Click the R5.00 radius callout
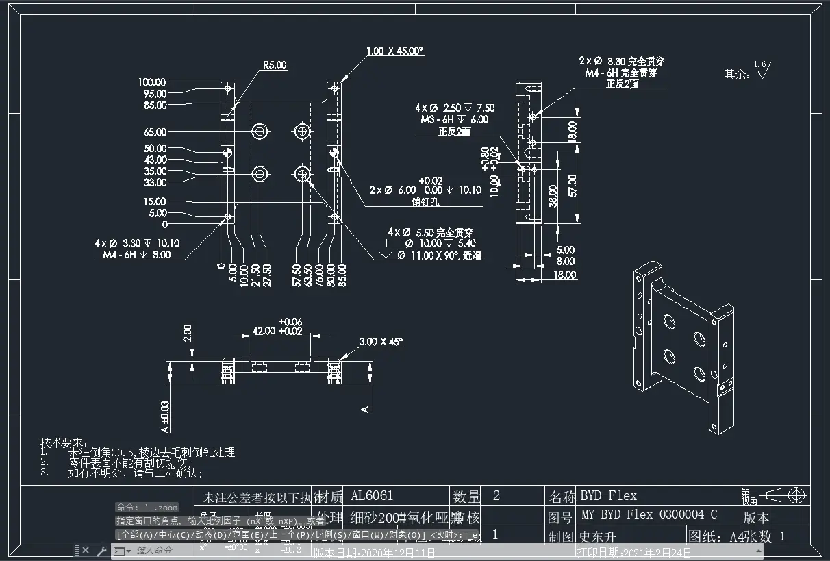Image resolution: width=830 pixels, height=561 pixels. point(275,66)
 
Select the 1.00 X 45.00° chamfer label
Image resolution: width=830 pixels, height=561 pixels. point(395,51)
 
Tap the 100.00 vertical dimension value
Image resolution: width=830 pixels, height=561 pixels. point(152,82)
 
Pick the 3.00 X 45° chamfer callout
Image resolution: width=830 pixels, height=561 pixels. point(381,341)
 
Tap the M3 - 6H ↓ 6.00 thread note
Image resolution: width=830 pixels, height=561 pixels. point(455,119)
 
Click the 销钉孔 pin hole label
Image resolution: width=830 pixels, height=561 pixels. point(425,202)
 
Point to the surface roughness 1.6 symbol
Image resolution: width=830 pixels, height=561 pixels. point(762,69)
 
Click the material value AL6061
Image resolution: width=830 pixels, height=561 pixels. point(372,495)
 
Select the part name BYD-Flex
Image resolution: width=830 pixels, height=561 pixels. point(608,495)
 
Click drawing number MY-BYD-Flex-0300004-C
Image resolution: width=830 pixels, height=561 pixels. point(649,514)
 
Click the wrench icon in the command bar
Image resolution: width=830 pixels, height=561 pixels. point(101,551)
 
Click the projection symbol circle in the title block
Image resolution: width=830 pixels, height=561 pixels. point(796,495)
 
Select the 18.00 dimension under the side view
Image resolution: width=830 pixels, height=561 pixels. point(565,275)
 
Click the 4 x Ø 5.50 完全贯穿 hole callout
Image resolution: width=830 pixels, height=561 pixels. point(430,233)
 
